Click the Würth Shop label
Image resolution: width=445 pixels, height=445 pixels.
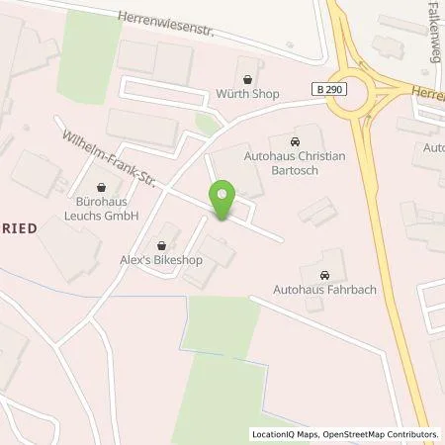click(x=246, y=96)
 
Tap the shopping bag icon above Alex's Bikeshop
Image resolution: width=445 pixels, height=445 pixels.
click(x=162, y=245)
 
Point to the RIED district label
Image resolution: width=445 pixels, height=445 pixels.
click(x=20, y=225)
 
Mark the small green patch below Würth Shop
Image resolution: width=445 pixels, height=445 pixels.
click(x=207, y=124)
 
